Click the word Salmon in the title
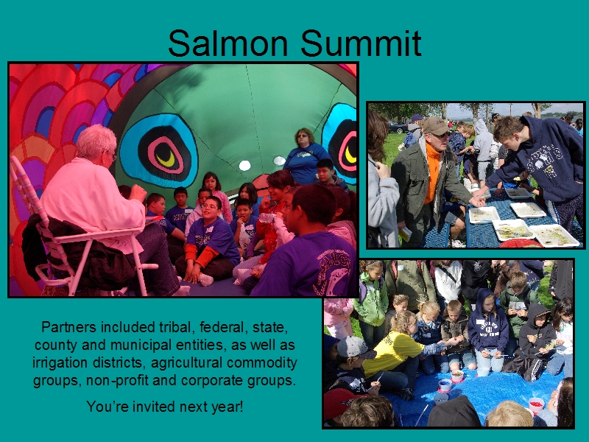228,43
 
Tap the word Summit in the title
361,43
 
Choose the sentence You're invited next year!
165,407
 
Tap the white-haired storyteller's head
96,142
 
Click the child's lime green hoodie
372,301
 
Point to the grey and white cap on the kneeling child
354,347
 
